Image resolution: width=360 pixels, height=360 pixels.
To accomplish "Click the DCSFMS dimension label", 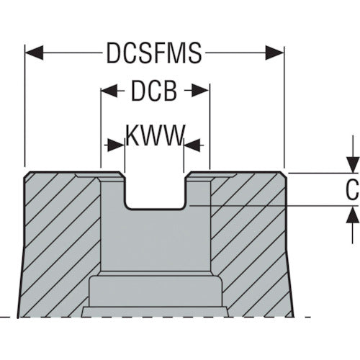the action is click(x=154, y=53).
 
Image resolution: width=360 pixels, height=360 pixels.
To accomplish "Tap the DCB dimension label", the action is click(x=154, y=91).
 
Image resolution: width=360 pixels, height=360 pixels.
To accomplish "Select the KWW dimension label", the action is click(x=155, y=135).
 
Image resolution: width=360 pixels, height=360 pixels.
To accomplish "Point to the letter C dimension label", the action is click(x=352, y=189).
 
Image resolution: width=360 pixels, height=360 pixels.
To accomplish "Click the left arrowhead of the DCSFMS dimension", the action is click(x=35, y=53).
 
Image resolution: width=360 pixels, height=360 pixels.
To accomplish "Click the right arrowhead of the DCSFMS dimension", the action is click(x=274, y=53).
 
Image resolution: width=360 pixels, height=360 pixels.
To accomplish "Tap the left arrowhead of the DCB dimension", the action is click(x=109, y=91).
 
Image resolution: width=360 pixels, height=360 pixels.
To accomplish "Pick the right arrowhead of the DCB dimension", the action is click(x=200, y=91).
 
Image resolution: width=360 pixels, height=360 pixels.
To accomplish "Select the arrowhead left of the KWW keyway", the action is click(x=116, y=145).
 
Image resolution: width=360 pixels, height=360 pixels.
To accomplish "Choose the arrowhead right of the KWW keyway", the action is click(x=192, y=145).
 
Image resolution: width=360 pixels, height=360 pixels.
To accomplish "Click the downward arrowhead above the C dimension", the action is click(x=352, y=165).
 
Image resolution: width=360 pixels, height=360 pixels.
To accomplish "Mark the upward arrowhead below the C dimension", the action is click(x=352, y=215).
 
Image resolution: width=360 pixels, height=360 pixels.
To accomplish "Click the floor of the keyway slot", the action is click(x=155, y=208).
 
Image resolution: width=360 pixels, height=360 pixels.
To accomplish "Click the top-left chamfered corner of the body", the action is click(x=27, y=174).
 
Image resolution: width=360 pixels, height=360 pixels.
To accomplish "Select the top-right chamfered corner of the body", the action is click(x=283, y=174).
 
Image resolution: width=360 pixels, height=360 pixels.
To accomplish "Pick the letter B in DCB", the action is click(x=170, y=91).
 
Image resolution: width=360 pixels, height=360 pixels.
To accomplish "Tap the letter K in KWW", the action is click(x=132, y=135).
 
